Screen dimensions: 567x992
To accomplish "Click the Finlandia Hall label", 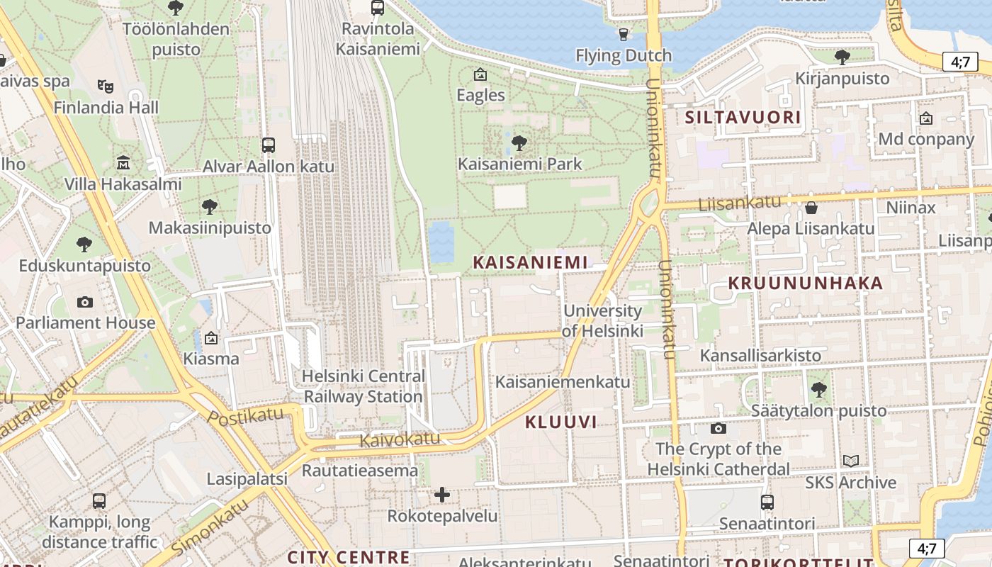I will [106, 108].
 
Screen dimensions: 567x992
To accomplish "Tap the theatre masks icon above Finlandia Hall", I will [106, 86].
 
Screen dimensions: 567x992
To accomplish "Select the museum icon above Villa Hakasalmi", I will [123, 163].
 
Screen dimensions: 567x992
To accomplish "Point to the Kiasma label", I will [211, 359].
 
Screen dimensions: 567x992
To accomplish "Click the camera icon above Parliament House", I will [85, 303].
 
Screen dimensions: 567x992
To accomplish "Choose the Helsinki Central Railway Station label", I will [363, 386].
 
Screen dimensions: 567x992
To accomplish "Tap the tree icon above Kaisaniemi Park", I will [519, 143].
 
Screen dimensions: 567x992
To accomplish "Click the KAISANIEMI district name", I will [531, 262].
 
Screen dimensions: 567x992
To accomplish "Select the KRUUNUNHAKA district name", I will [806, 283].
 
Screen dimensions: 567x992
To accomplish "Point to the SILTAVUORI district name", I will [743, 118].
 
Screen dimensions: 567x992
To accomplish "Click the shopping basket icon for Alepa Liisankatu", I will [811, 208].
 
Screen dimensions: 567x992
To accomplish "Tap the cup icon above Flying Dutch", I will [624, 34].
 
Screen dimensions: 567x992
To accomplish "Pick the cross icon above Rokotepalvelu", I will [442, 494].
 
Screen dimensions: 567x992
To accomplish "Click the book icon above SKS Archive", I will [851, 461].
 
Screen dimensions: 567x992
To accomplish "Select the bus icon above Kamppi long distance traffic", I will [99, 501].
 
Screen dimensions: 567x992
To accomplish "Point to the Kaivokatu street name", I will [400, 439].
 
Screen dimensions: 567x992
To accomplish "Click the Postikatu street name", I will [245, 417].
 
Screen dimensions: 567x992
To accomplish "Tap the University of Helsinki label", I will [602, 320].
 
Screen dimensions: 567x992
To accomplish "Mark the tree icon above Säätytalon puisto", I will [819, 389].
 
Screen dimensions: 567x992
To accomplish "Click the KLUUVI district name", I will [560, 422].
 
